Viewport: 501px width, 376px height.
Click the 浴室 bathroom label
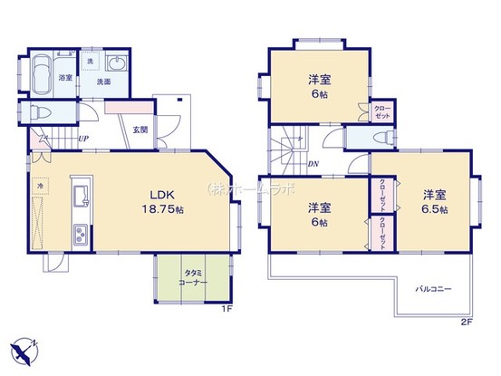66,79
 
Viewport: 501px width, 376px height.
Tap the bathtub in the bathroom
41,78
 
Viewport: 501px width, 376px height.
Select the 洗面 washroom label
103,82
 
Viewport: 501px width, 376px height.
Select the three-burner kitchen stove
78,233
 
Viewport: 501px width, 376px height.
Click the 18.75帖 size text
161,209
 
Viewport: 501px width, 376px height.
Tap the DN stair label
313,165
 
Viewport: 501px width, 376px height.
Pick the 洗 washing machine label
90,62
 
